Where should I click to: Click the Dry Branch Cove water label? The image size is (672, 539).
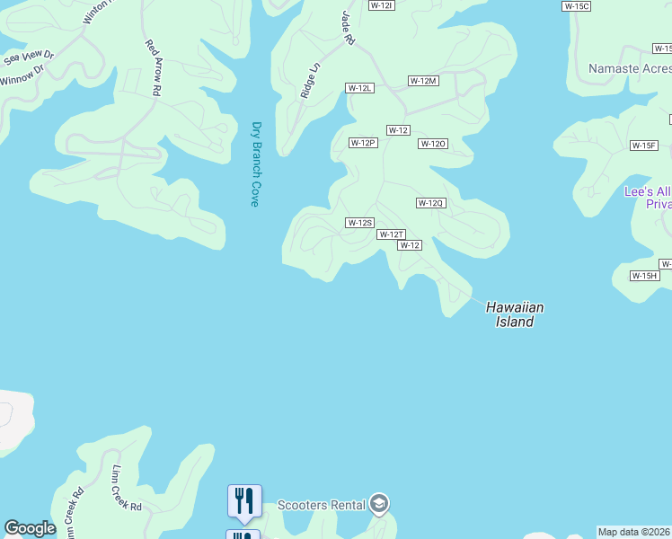coord(255,164)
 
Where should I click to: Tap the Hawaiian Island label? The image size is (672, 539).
coord(515,314)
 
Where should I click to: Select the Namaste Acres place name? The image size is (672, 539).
coord(629,69)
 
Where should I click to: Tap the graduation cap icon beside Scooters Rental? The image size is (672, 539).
coord(379,504)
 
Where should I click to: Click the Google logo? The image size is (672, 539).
coord(30,528)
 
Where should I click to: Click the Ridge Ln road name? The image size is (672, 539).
coord(310,80)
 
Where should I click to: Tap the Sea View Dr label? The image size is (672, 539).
coord(29,58)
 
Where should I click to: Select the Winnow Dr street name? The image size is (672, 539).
coord(22,76)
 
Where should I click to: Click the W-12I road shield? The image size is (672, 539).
coord(382,5)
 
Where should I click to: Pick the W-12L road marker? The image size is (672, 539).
coord(359,88)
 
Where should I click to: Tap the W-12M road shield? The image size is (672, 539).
coord(423,81)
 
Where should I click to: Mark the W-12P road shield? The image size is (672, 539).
coord(363,143)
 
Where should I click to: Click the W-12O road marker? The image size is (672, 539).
coord(433,144)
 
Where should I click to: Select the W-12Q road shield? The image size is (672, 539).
coord(430,203)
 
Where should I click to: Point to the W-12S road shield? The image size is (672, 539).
coord(359,223)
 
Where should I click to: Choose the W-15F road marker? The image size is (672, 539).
coord(644,146)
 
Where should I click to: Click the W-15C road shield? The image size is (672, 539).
coord(576,6)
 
